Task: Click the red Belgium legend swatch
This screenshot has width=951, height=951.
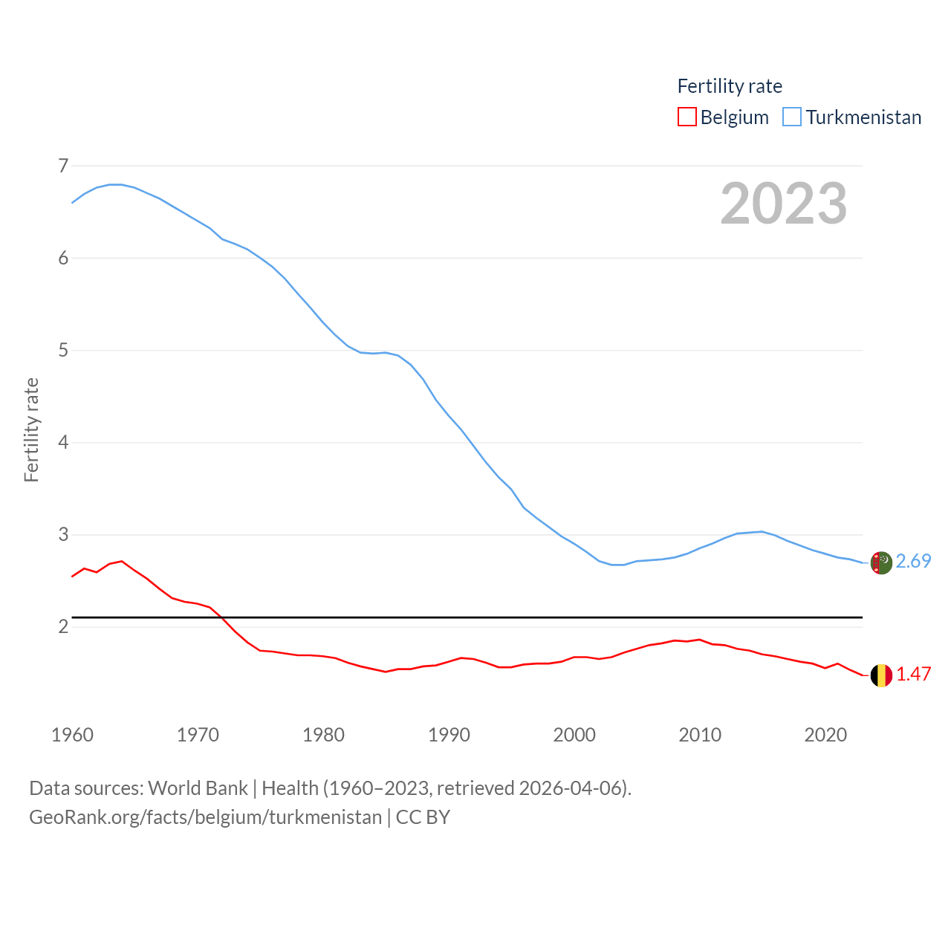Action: (687, 117)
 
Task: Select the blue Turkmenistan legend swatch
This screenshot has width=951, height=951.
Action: (792, 117)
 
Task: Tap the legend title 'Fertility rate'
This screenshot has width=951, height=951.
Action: (730, 86)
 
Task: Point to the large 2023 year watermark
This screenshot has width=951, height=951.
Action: (784, 204)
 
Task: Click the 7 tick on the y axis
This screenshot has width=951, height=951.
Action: (63, 166)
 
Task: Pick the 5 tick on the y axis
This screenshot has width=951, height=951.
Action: (63, 350)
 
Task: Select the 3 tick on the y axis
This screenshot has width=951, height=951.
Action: (63, 535)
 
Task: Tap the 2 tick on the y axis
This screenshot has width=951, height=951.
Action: (63, 627)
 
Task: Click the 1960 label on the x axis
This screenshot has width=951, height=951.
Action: (72, 735)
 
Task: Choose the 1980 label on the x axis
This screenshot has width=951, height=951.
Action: (323, 735)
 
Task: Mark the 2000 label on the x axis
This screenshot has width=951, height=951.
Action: (574, 735)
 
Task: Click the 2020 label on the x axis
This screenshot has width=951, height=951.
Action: (825, 735)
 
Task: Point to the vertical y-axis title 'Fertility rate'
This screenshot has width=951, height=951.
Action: (31, 430)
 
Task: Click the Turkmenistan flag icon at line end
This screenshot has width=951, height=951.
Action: (881, 563)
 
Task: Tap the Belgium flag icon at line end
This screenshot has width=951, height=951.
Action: (881, 675)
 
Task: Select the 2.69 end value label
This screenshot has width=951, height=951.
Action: (913, 561)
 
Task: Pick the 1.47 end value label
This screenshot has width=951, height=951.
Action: (913, 674)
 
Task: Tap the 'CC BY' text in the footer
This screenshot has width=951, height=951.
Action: (423, 817)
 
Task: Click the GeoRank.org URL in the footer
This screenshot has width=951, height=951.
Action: (205, 817)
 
